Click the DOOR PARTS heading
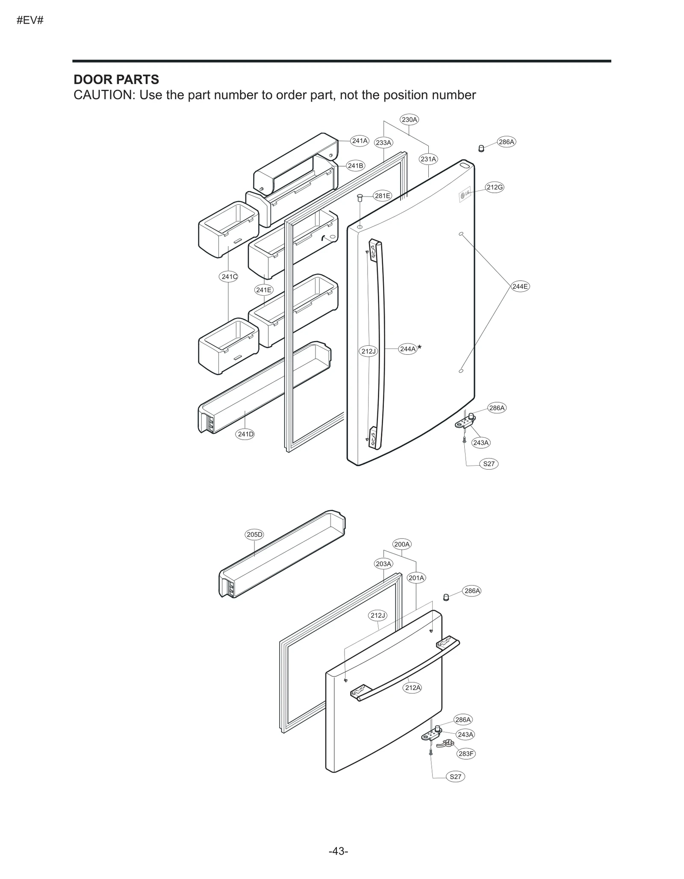click(x=116, y=80)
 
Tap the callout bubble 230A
click(x=409, y=120)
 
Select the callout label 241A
click(x=360, y=141)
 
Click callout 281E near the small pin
click(x=382, y=196)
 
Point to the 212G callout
click(x=495, y=187)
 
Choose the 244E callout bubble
click(x=520, y=286)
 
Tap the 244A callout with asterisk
click(x=408, y=349)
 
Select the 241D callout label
click(x=245, y=434)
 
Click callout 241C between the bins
click(x=229, y=276)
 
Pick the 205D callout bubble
click(x=254, y=535)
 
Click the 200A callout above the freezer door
click(x=402, y=544)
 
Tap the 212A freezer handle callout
click(x=413, y=688)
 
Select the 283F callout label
click(x=466, y=753)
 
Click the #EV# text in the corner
click(x=30, y=20)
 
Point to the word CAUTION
click(x=104, y=95)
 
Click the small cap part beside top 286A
click(x=481, y=149)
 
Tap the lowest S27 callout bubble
click(x=455, y=776)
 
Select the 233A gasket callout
click(x=383, y=143)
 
